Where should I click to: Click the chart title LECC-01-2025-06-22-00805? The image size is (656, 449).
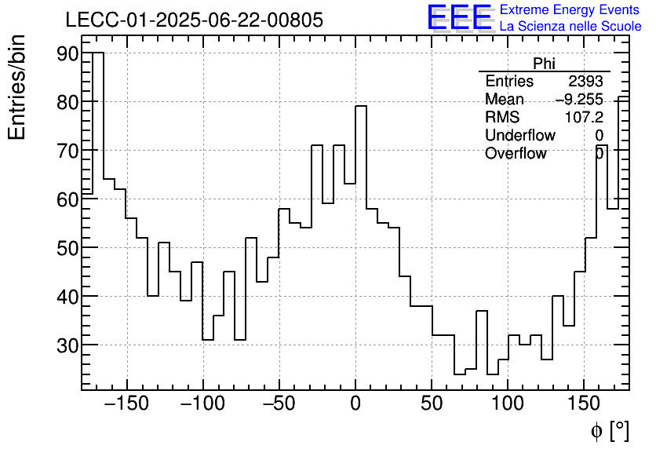(x=194, y=20)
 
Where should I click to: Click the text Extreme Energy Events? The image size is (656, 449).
(x=569, y=10)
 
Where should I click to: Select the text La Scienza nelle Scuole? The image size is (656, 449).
(x=570, y=26)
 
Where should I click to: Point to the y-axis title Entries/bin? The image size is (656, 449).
(x=17, y=87)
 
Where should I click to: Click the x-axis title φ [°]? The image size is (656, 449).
(x=609, y=430)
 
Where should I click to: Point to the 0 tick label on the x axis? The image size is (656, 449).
(x=355, y=404)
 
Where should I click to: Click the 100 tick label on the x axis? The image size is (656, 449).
(x=508, y=404)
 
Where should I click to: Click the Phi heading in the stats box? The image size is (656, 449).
(x=544, y=64)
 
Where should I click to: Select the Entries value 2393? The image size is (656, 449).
(x=585, y=82)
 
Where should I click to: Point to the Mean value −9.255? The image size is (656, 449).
(x=579, y=100)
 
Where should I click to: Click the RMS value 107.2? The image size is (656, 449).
(x=584, y=118)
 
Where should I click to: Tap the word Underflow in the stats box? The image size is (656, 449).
(x=519, y=136)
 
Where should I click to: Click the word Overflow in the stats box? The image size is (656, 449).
(x=516, y=154)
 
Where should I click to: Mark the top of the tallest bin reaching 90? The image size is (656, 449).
(x=98, y=53)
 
